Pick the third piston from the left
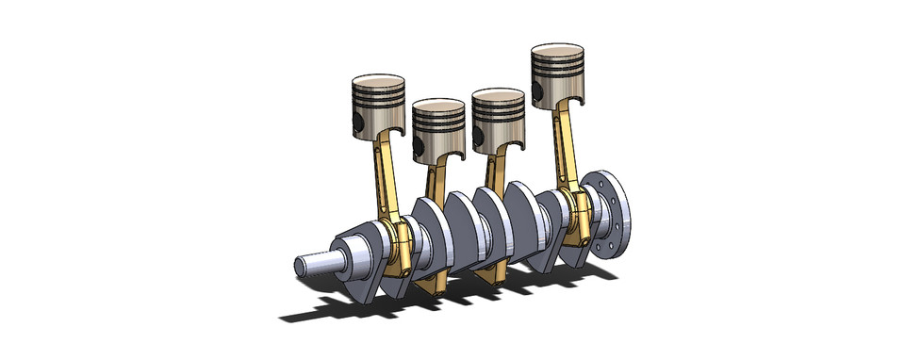[498, 119]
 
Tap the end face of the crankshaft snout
[299, 265]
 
